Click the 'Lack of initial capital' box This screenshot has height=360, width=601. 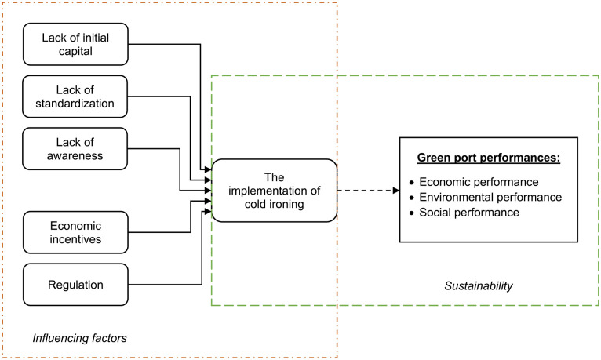tap(75, 44)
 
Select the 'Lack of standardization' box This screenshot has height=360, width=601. tap(75, 96)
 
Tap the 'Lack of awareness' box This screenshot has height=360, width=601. tap(75, 148)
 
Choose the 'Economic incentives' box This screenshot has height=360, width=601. tap(75, 232)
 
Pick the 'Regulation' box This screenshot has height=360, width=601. tap(75, 285)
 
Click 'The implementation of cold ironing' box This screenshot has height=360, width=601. tap(274, 191)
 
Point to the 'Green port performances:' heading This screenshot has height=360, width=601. tap(489, 158)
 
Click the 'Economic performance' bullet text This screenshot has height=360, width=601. tap(479, 182)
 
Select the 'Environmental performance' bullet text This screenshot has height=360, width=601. tap(490, 197)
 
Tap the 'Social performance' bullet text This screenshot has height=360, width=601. tap(469, 213)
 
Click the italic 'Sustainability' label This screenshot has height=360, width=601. tap(479, 285)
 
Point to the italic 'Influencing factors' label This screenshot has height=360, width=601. tap(79, 338)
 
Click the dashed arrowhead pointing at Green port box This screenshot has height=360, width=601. tap(396, 191)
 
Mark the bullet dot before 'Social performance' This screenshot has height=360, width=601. tap(412, 213)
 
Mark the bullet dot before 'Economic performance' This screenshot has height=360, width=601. tap(412, 183)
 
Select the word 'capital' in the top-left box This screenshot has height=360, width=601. tap(75, 51)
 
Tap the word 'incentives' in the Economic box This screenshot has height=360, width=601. tap(75, 239)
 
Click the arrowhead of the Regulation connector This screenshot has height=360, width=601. tap(208, 212)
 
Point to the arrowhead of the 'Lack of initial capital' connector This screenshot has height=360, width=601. tap(208, 169)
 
